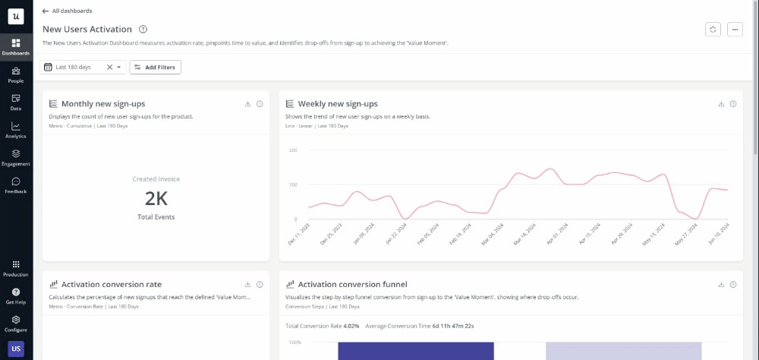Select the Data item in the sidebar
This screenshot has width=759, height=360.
16,101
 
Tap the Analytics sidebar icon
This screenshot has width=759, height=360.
16,129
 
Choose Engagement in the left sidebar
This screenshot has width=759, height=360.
16,156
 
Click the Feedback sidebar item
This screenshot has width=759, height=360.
16,185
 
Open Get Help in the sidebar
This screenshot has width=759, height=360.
16,295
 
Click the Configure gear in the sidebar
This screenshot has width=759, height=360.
16,323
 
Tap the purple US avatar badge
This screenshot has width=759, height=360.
16,349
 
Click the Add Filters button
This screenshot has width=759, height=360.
156,68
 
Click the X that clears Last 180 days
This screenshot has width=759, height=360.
109,68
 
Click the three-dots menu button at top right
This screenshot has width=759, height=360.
734,29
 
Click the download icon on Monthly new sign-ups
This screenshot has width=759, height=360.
247,104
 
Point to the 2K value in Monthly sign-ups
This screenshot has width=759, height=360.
156,199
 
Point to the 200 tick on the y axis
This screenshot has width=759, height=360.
292,150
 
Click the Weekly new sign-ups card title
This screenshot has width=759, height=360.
338,104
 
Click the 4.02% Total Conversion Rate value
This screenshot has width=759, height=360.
350,326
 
